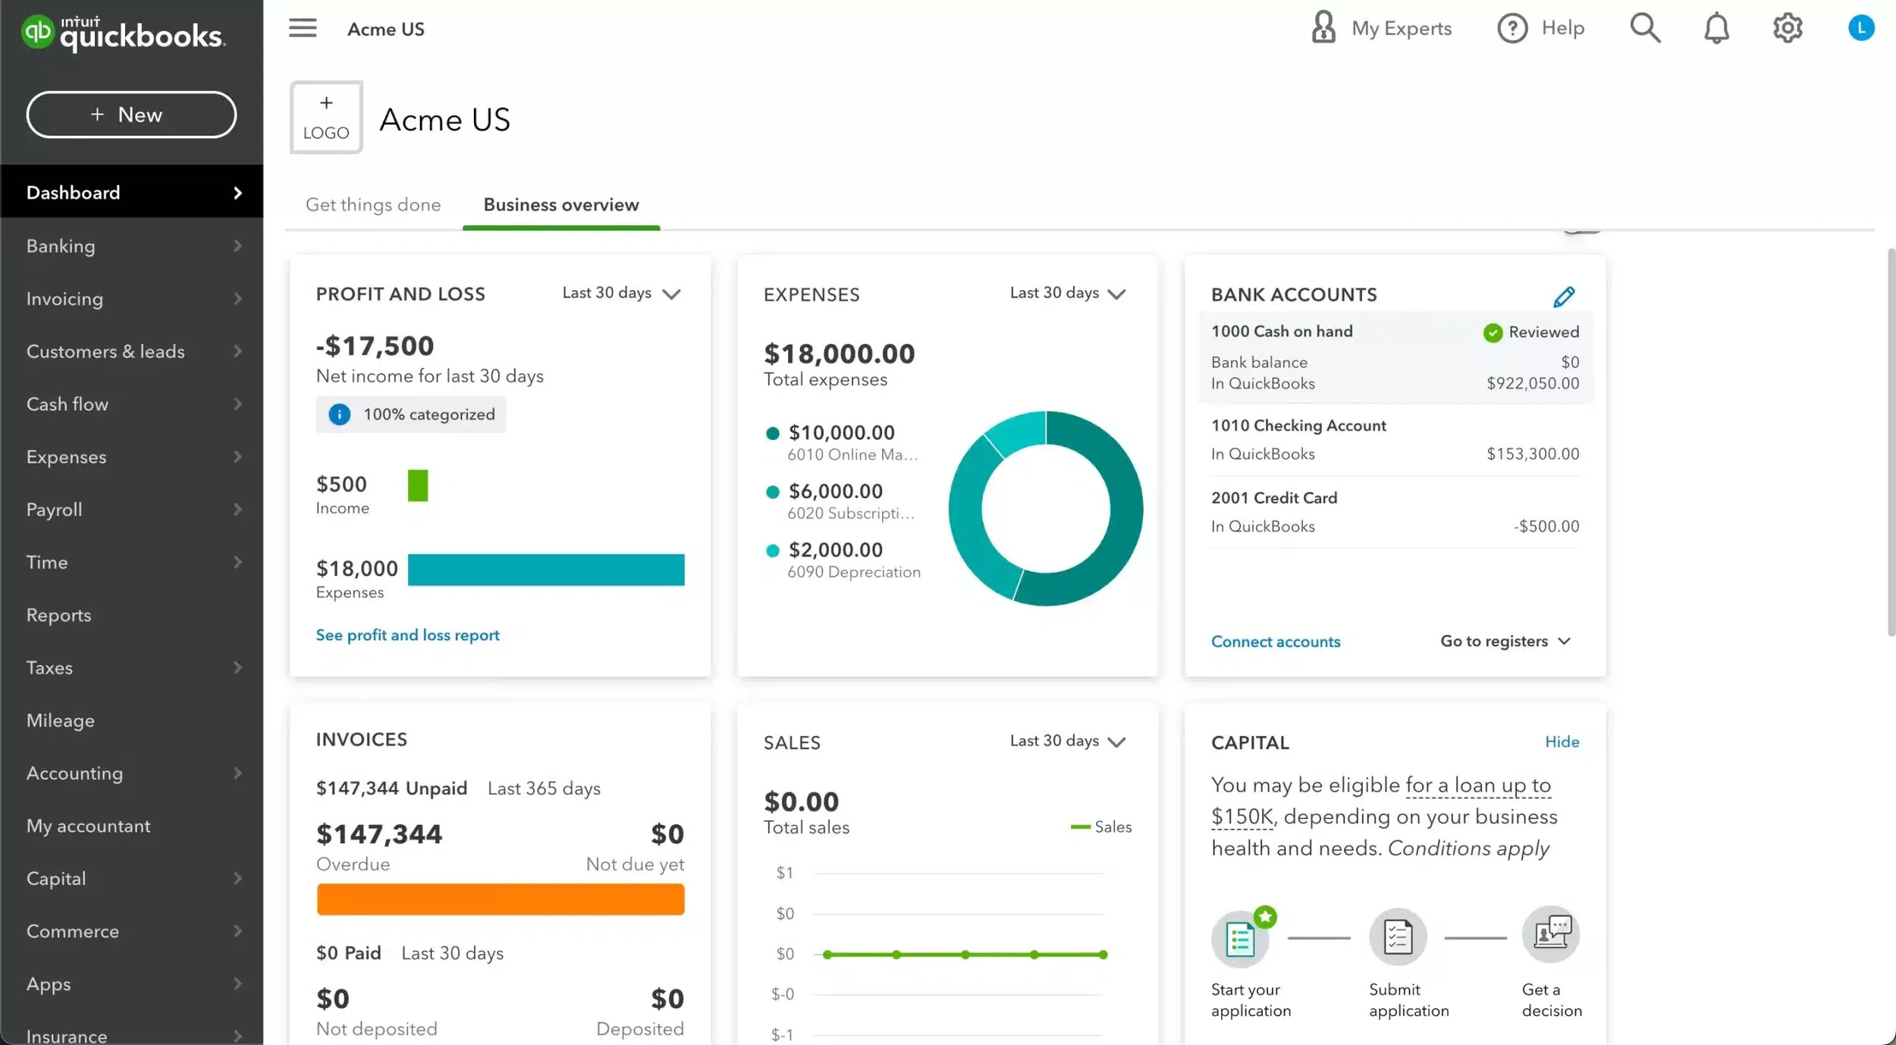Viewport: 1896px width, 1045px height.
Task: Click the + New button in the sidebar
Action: (x=131, y=115)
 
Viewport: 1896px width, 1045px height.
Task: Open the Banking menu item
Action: (x=61, y=246)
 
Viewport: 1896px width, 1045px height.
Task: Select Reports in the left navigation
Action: (x=58, y=615)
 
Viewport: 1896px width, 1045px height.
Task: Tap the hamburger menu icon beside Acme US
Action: (x=303, y=29)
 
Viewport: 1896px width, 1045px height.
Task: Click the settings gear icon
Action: (x=1787, y=28)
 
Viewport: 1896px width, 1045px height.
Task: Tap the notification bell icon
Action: (x=1716, y=29)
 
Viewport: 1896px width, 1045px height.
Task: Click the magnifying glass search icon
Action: (x=1645, y=28)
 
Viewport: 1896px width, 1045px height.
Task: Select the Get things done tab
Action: (x=372, y=205)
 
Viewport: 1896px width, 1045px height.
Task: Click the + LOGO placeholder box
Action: (x=326, y=118)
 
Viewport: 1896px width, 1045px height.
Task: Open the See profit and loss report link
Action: (x=407, y=635)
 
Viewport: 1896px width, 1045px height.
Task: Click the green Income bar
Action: (x=417, y=486)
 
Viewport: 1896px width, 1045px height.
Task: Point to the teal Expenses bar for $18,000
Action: (x=545, y=570)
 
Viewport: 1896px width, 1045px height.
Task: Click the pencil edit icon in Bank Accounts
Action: (x=1563, y=296)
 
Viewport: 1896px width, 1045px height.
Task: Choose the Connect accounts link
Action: (x=1275, y=642)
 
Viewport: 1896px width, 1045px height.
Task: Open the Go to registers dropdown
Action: (x=1505, y=641)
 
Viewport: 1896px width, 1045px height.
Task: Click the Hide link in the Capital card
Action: (x=1562, y=741)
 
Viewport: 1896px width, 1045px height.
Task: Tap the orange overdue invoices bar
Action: (x=500, y=899)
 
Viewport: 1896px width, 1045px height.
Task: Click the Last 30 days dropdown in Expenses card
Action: (x=1067, y=293)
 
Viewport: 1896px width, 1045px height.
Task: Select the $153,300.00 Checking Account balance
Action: (x=1532, y=454)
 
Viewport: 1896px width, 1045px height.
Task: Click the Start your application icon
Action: (x=1240, y=939)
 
